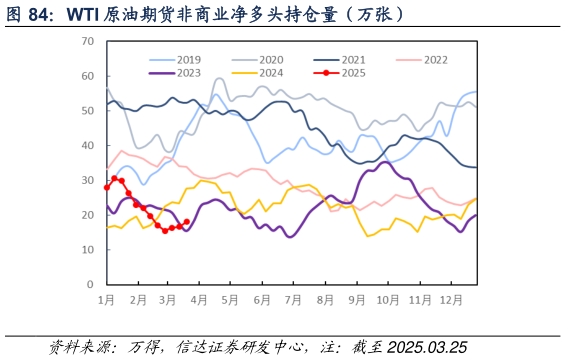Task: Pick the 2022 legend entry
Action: pyautogui.click(x=435, y=60)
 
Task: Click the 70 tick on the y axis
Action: pyautogui.click(x=87, y=41)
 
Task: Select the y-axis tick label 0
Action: pyautogui.click(x=90, y=284)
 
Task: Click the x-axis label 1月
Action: pyautogui.click(x=106, y=300)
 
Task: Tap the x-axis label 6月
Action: pyautogui.click(x=263, y=300)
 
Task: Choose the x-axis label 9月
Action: pyautogui.click(x=357, y=300)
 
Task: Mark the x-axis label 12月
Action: pyautogui.click(x=451, y=300)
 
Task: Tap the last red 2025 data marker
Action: pyautogui.click(x=187, y=222)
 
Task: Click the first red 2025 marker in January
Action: pyautogui.click(x=107, y=187)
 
